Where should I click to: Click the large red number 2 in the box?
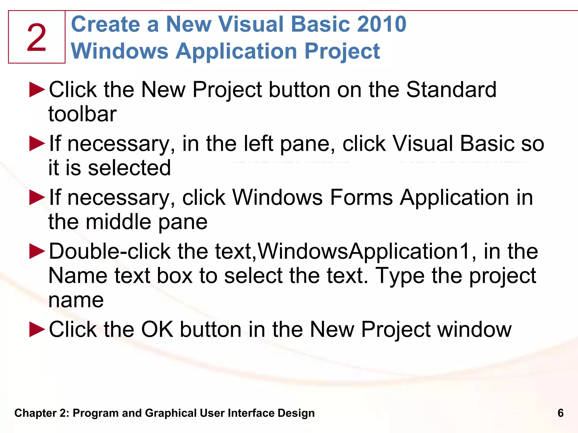click(x=36, y=38)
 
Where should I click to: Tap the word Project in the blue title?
click(x=342, y=51)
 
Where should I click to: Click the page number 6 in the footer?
click(x=561, y=413)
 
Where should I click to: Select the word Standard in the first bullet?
click(x=451, y=90)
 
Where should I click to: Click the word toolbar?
click(x=82, y=114)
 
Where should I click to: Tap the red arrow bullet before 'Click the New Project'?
click(x=37, y=90)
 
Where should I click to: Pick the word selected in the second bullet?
click(x=129, y=168)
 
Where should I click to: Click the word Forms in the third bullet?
click(x=361, y=197)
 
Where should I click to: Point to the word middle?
click(x=118, y=222)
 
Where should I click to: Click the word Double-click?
click(x=110, y=251)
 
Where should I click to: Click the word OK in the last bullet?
click(x=157, y=329)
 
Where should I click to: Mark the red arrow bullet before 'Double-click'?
click(x=37, y=251)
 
